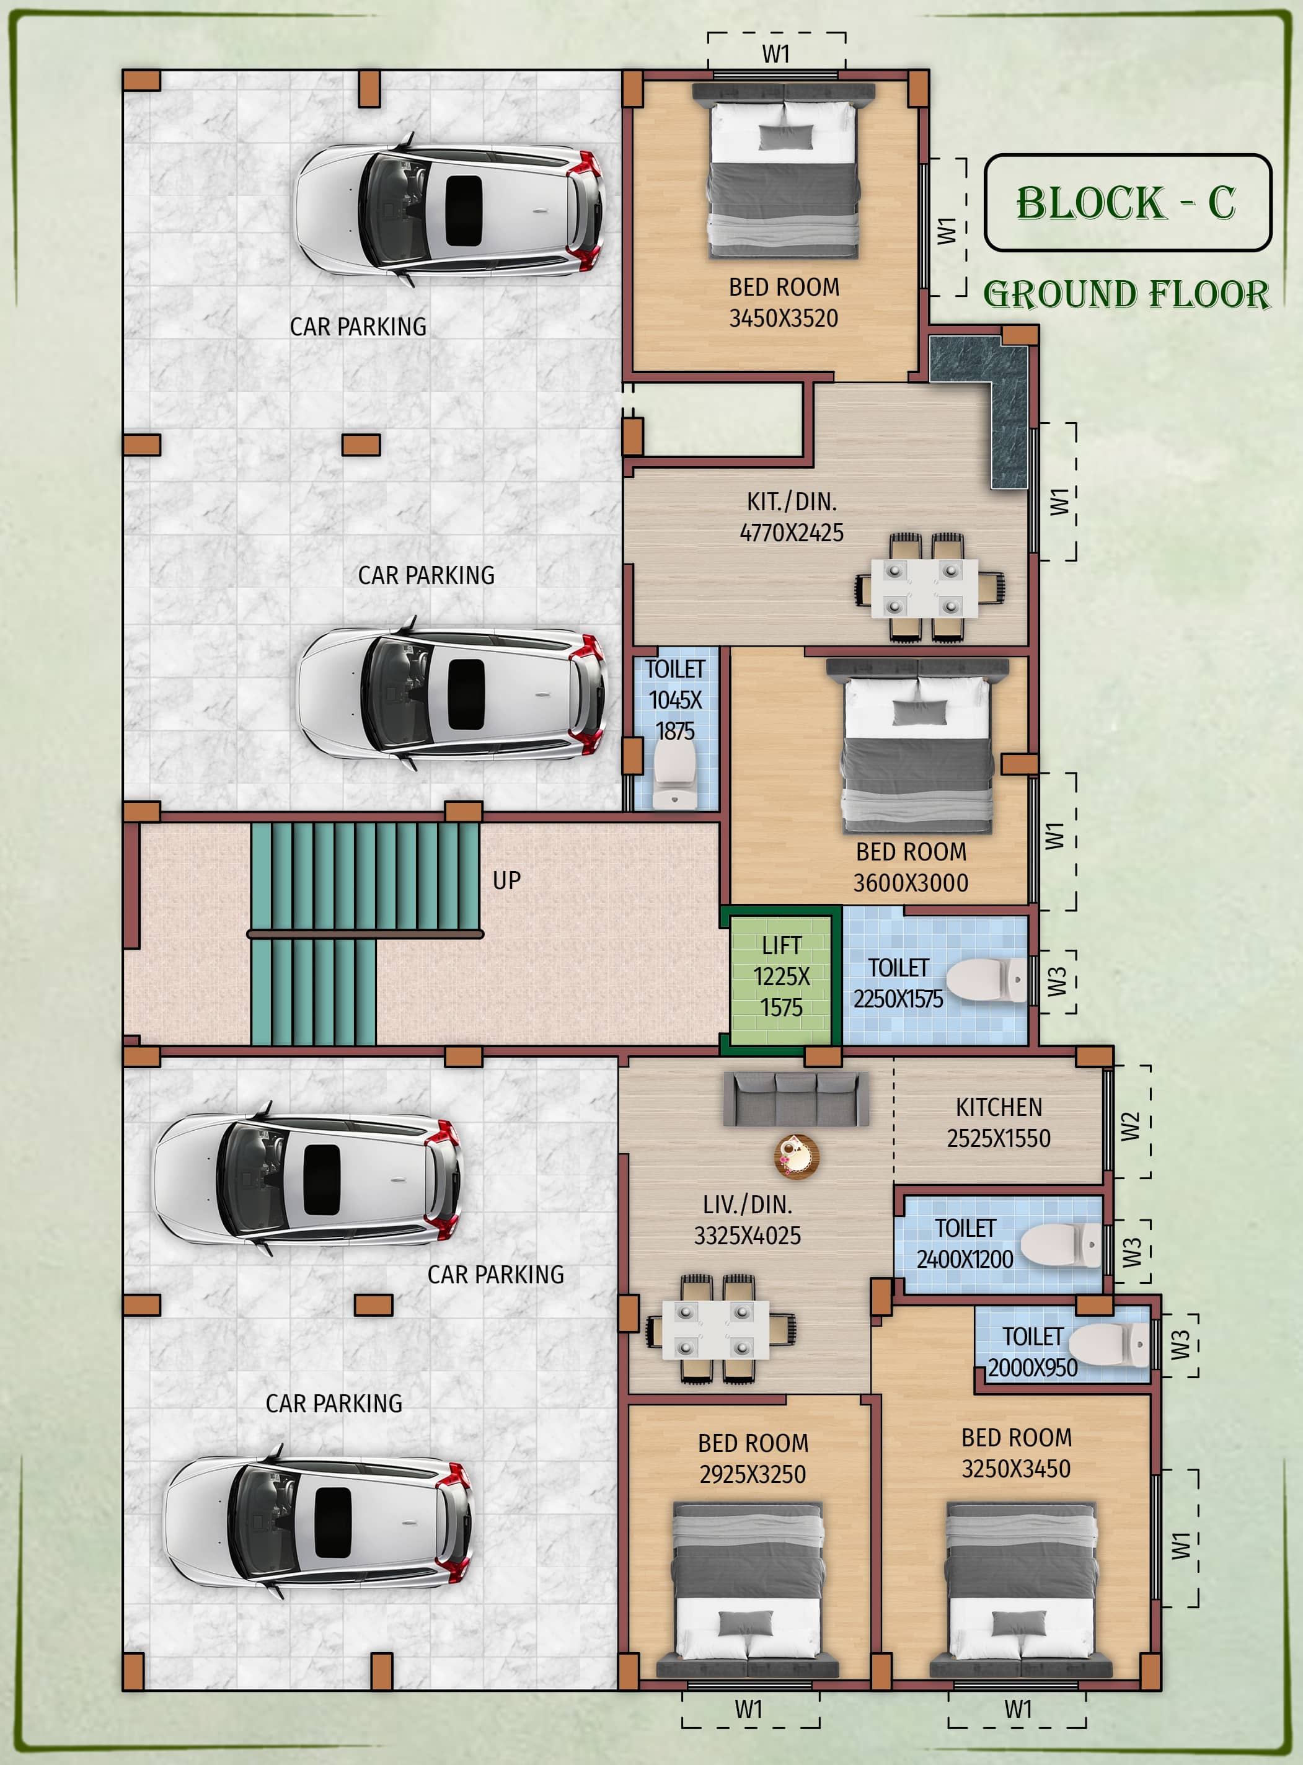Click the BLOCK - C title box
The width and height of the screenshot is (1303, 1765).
coord(1128,203)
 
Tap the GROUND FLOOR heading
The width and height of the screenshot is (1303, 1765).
coord(1126,294)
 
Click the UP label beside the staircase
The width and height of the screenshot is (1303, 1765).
coord(506,880)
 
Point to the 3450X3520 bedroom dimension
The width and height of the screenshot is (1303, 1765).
coord(783,319)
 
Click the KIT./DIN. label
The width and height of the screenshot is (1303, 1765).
coord(792,502)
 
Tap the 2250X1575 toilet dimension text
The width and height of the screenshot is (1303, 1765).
coord(898,999)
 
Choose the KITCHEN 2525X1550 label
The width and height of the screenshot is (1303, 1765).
coord(999,1123)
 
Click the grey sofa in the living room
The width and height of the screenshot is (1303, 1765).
coord(796,1099)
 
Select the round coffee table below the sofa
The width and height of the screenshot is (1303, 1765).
coord(797,1157)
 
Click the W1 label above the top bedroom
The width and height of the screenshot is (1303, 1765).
coord(775,54)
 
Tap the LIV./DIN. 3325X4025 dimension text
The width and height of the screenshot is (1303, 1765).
coord(747,1236)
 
